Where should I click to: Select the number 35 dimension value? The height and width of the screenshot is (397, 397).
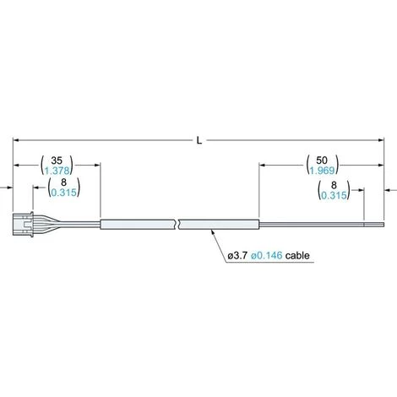[x=57, y=158]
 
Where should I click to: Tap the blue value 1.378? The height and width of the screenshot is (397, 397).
[x=57, y=170]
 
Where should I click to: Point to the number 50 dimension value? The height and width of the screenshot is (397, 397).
[x=322, y=158]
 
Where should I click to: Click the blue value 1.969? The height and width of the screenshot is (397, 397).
[x=322, y=170]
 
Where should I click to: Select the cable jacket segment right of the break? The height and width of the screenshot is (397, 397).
[x=220, y=224]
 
